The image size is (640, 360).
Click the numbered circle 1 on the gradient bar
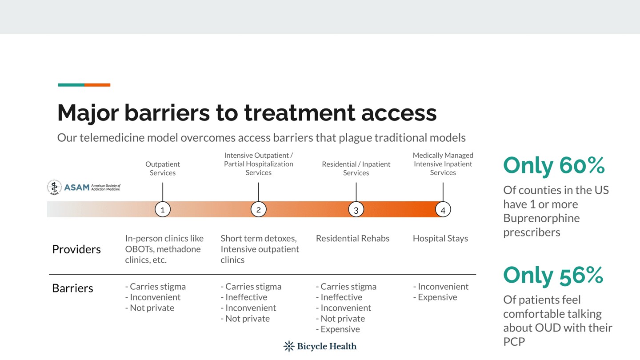[163, 209]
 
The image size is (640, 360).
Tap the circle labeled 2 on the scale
[259, 209]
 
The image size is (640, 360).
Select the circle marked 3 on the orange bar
[356, 209]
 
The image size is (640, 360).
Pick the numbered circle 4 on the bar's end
[443, 209]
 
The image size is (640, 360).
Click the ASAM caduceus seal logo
[54, 188]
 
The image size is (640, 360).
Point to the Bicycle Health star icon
[289, 346]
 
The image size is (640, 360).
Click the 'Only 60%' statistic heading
[554, 166]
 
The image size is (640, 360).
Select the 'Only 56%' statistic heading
[553, 276]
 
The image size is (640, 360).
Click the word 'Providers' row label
[76, 249]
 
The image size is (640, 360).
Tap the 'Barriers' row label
[72, 288]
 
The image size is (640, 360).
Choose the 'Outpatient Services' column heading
[163, 168]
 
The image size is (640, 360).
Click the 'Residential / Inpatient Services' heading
[356, 168]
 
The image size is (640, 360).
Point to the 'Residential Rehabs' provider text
[352, 238]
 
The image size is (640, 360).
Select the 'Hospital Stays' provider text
[440, 238]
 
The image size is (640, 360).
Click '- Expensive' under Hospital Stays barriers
[435, 297]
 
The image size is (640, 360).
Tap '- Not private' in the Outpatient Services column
[150, 308]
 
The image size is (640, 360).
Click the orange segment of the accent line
[97, 85]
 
